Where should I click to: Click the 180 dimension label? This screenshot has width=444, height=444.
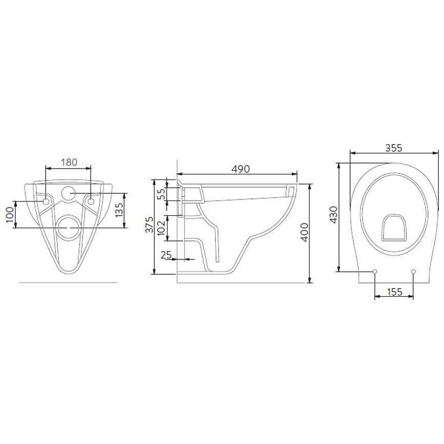pyautogui.click(x=69, y=162)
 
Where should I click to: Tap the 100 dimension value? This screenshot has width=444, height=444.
pyautogui.click(x=10, y=214)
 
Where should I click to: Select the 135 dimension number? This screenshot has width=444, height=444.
pyautogui.click(x=119, y=210)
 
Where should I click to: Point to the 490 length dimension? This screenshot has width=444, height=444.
pyautogui.click(x=240, y=169)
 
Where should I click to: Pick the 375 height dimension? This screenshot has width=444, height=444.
pyautogui.click(x=149, y=225)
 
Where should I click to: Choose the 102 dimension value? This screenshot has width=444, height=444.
pyautogui.click(x=160, y=227)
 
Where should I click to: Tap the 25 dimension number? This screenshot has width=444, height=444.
pyautogui.click(x=166, y=255)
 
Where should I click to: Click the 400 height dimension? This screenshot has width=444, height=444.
pyautogui.click(x=304, y=232)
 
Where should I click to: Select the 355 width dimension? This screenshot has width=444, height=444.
pyautogui.click(x=394, y=148)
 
